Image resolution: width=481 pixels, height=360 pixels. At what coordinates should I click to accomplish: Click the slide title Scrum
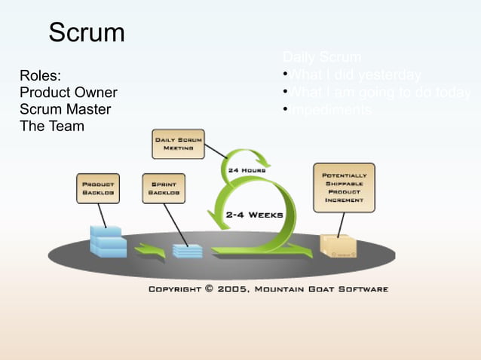click(x=87, y=32)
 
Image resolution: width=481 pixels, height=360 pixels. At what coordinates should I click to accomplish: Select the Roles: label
click(x=41, y=76)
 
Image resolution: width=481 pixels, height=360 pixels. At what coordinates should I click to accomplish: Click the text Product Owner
click(x=68, y=93)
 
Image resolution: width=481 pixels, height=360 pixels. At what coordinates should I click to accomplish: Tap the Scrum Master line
click(x=65, y=109)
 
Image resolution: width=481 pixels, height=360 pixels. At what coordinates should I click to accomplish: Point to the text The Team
click(x=51, y=126)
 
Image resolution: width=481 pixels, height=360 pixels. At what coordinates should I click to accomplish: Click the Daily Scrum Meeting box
click(x=178, y=144)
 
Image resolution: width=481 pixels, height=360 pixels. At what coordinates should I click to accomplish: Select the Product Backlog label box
click(x=98, y=188)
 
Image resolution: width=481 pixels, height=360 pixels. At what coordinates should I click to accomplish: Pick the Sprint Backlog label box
click(x=164, y=188)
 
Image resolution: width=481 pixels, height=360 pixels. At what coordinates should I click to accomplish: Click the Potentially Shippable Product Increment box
click(x=343, y=188)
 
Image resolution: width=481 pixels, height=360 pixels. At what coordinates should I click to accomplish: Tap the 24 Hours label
click(x=247, y=171)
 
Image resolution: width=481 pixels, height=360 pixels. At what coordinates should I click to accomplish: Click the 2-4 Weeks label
click(x=254, y=215)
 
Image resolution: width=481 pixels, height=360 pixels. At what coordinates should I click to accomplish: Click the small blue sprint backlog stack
click(x=187, y=250)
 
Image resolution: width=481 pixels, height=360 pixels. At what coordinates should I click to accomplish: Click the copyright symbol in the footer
click(x=208, y=288)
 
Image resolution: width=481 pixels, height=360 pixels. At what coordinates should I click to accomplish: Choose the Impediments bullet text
click(x=331, y=110)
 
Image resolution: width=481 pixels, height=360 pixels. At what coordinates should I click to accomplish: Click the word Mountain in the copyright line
click(x=284, y=288)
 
